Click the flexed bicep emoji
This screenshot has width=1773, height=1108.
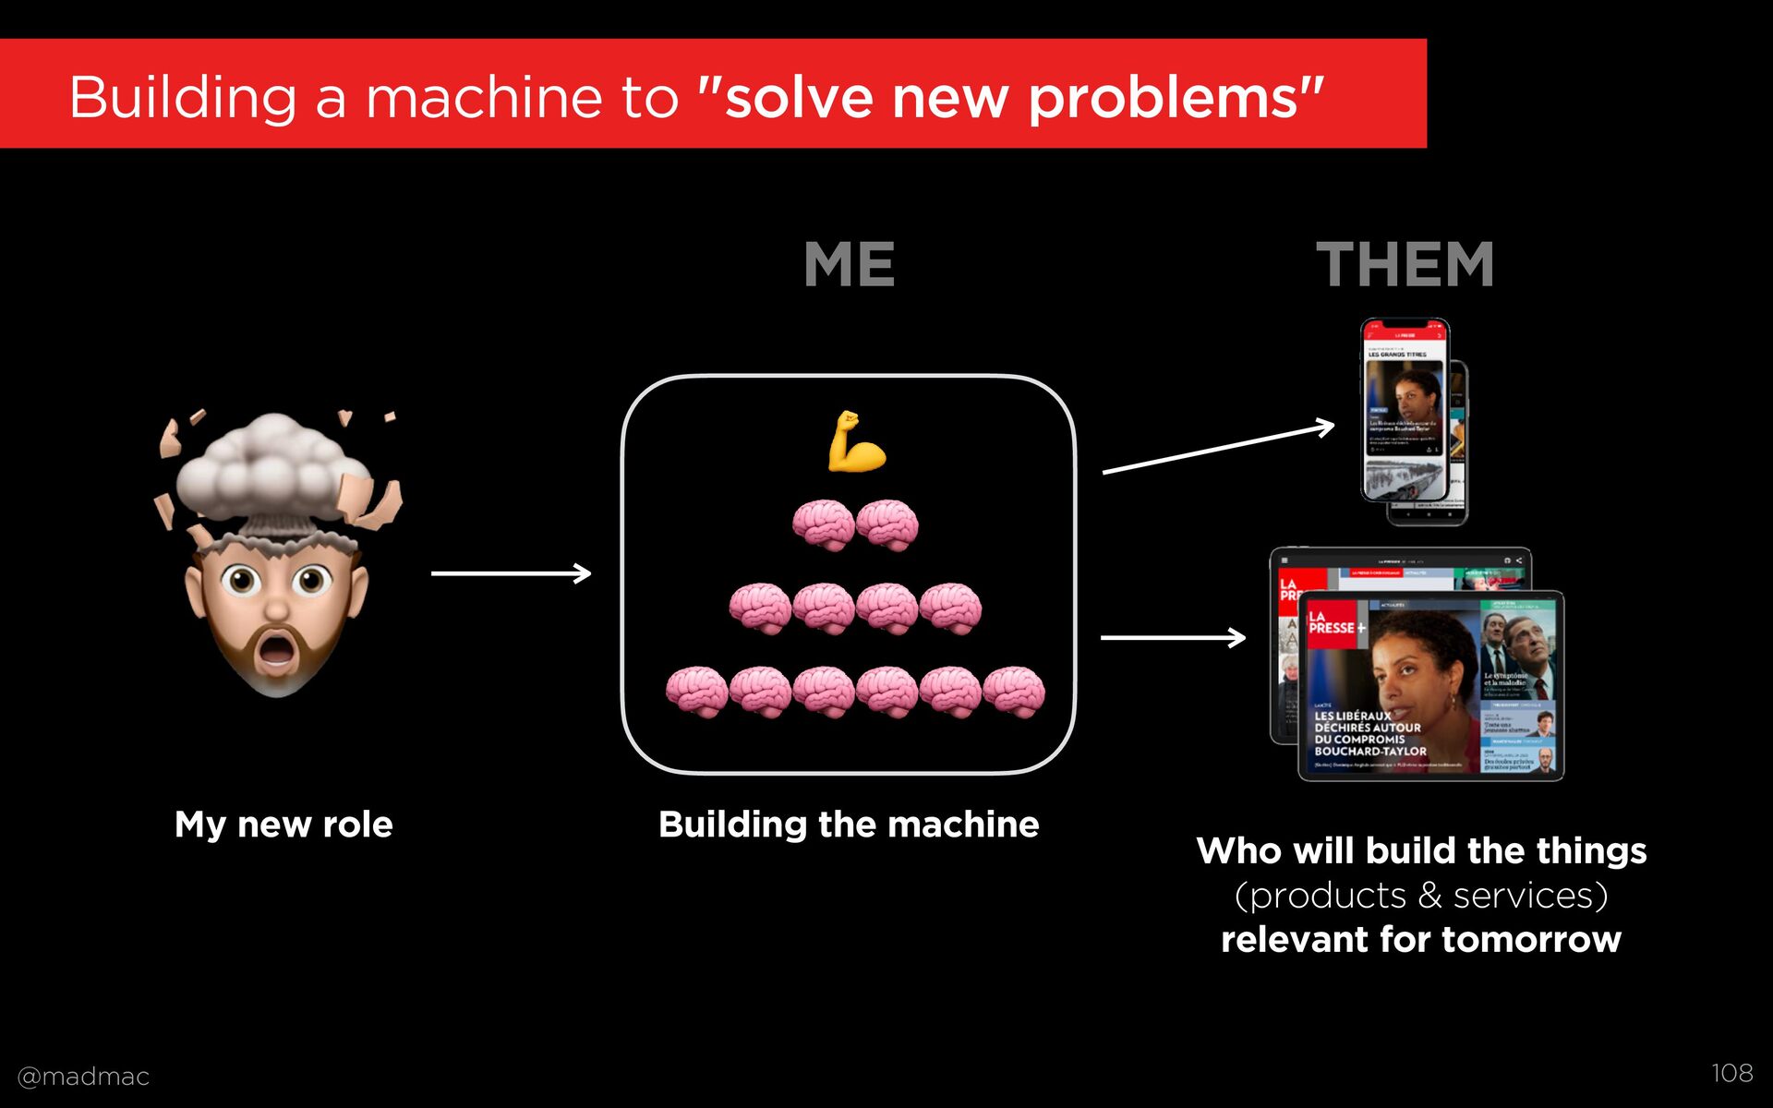856,442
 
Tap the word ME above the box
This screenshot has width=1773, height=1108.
850,265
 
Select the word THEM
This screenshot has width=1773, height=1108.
1405,265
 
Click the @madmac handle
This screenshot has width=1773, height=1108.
83,1077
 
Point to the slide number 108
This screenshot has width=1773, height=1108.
1731,1073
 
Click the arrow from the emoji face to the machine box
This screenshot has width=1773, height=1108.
511,573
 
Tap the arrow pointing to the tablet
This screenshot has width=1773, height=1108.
1173,637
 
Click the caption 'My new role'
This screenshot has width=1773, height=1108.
283,825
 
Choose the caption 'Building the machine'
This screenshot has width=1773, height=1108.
849,825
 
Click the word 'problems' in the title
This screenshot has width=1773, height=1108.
1164,98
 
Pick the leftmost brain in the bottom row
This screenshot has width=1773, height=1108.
696,692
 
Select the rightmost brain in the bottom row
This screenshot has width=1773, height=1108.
1014,692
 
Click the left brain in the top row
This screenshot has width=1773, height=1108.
823,524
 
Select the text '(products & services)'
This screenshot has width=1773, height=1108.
1421,896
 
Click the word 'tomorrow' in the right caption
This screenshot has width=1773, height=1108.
1531,940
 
